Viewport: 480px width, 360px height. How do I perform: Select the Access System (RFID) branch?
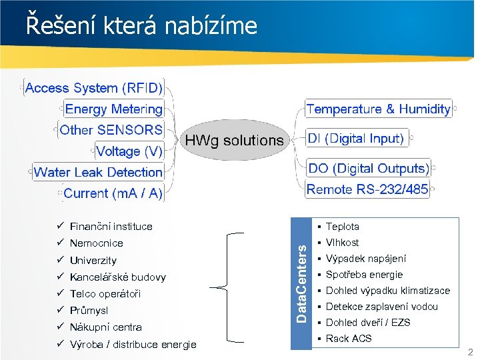tap(94, 88)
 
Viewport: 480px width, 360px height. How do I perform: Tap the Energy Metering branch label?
tap(113, 109)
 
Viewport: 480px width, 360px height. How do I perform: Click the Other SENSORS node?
tap(111, 130)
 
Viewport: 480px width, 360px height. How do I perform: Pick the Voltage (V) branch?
tap(129, 151)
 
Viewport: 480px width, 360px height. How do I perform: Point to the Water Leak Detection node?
tap(98, 172)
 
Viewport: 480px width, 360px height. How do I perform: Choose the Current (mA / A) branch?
tap(113, 193)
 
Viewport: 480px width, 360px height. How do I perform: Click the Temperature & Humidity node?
tap(378, 109)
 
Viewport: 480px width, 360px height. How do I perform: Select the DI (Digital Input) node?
tap(356, 139)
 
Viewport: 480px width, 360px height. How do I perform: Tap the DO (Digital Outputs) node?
tap(367, 168)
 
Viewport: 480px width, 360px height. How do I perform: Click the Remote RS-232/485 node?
tap(367, 189)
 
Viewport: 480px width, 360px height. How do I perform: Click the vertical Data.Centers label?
tap(302, 283)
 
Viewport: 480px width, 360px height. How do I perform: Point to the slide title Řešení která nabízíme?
tap(141, 25)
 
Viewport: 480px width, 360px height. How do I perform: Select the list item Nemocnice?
tap(96, 243)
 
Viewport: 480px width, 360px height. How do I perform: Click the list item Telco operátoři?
tap(105, 294)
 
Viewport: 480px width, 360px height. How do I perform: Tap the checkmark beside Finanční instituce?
tap(60, 226)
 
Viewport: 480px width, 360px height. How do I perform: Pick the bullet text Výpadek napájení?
tap(366, 259)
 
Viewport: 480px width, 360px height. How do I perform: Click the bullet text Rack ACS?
tap(349, 339)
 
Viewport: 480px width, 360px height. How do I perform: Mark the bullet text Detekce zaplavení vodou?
tap(381, 307)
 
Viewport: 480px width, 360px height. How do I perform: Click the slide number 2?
tap(469, 352)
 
